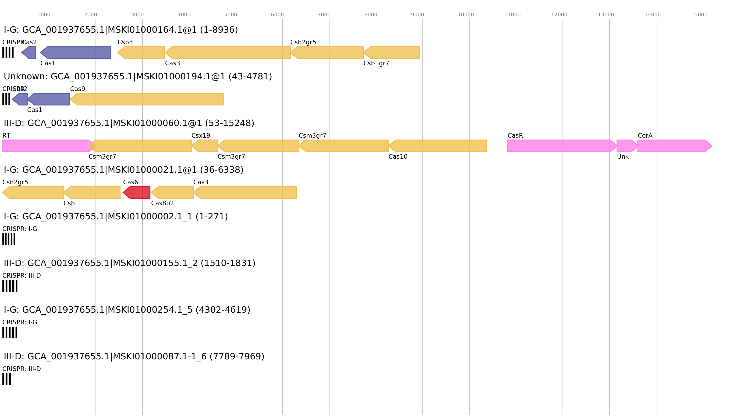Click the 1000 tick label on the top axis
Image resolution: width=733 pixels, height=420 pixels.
pyautogui.click(x=44, y=15)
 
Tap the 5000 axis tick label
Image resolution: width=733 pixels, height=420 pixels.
pyautogui.click(x=231, y=15)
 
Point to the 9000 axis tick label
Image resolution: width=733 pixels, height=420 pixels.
pyautogui.click(x=418, y=15)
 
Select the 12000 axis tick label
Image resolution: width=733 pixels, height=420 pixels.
pyautogui.click(x=559, y=15)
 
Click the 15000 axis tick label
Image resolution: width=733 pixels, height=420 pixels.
pyautogui.click(x=699, y=15)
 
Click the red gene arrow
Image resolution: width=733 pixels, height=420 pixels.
pyautogui.click(x=137, y=193)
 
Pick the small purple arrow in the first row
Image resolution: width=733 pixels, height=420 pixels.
pyautogui.click(x=29, y=52)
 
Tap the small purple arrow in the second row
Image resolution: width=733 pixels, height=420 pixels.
pyautogui.click(x=20, y=99)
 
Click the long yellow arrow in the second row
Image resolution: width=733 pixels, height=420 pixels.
pyautogui.click(x=147, y=99)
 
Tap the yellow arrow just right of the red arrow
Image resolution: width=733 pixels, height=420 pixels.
pyautogui.click(x=173, y=193)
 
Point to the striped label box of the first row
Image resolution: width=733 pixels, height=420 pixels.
pyautogui.click(x=8, y=52)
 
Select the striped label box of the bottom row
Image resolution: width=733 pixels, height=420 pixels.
pyautogui.click(x=7, y=379)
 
